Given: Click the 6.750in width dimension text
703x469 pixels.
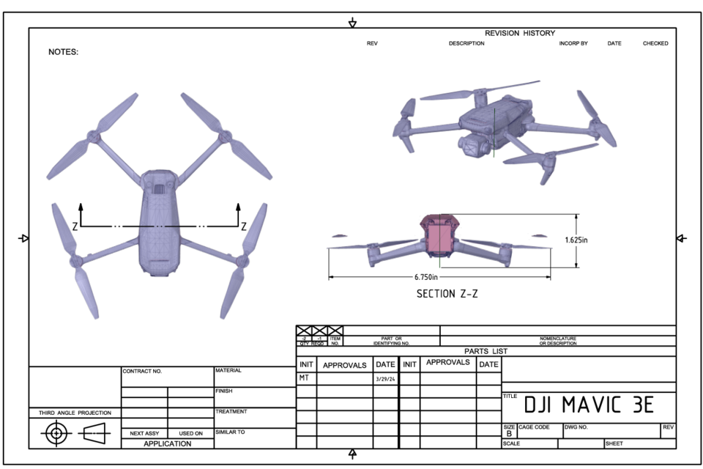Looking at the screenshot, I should click(x=425, y=277).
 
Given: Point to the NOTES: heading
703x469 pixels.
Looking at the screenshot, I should click(x=63, y=52).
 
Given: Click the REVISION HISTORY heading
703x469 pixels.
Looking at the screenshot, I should click(x=520, y=33).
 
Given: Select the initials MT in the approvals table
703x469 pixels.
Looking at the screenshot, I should click(x=304, y=378).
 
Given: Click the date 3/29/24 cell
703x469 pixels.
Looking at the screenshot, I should click(x=385, y=379).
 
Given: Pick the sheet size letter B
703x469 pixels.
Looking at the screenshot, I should click(x=510, y=434).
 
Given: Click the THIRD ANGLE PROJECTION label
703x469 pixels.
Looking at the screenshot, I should click(x=75, y=413).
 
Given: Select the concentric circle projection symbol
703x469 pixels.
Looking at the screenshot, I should click(x=56, y=433).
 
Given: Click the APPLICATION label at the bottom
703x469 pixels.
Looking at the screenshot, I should click(x=167, y=443).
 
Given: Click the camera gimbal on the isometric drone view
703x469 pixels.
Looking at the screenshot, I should click(x=472, y=145).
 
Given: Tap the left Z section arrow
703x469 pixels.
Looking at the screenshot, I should click(x=81, y=213).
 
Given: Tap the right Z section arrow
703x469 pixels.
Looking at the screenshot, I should click(x=238, y=213).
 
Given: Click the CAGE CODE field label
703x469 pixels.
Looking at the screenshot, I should click(x=534, y=426).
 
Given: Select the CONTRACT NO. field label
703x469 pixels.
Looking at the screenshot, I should click(x=142, y=372).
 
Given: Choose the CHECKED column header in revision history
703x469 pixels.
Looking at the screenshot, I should click(x=655, y=43).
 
